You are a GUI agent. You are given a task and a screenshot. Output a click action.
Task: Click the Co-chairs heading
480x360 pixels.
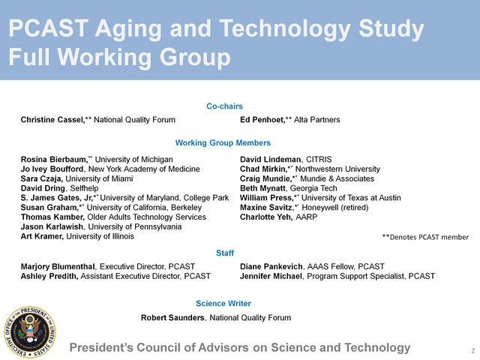pos(224,106)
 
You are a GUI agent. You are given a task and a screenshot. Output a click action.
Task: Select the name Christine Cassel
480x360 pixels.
pos(52,120)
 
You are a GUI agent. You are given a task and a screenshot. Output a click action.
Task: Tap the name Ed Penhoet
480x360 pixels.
pos(262,120)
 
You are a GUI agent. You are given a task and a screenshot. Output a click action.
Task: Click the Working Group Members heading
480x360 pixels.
pos(223,143)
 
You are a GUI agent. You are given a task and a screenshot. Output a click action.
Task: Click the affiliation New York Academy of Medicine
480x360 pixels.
pos(144,169)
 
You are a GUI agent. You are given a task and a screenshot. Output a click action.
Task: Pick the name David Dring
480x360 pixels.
pos(43,188)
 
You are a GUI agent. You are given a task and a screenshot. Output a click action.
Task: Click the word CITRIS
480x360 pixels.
pos(319,160)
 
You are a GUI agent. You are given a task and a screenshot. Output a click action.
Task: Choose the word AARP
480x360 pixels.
pos(307,217)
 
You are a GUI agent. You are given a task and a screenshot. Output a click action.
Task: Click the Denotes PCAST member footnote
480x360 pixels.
pos(425,237)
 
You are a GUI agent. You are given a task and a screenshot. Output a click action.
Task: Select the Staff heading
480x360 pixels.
pos(225,253)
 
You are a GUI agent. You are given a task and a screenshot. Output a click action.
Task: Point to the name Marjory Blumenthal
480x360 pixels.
pos(58,267)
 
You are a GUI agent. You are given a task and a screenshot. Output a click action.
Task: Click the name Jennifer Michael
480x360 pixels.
pos(271,276)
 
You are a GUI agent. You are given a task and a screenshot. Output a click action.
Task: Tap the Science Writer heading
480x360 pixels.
pos(223,303)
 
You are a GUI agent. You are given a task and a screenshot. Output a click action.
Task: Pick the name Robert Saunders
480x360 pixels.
pos(172,318)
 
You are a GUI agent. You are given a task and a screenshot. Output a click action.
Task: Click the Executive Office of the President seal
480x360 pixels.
pos(30,332)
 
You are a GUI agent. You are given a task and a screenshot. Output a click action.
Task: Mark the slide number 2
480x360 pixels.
pos(473,350)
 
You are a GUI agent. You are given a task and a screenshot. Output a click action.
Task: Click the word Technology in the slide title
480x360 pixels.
pos(285,29)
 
